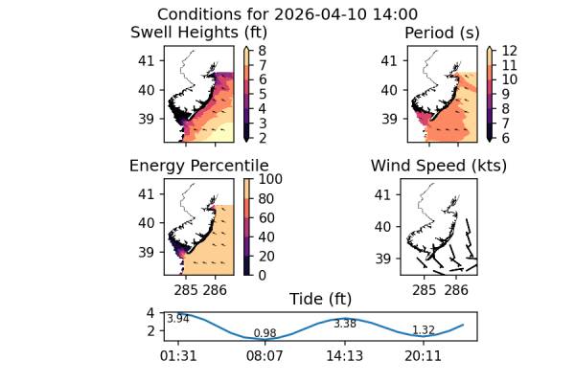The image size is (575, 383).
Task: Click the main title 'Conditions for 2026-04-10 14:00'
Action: (x=287, y=14)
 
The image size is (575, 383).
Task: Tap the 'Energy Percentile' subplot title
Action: (x=198, y=166)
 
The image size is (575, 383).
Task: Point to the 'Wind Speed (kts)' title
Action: (x=439, y=166)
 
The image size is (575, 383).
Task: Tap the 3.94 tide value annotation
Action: (x=178, y=319)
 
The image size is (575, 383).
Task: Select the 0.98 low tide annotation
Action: (x=264, y=333)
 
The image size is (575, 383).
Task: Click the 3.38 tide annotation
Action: (x=345, y=324)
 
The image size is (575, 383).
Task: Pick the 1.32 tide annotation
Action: (x=423, y=330)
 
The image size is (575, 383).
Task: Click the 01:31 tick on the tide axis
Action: (x=178, y=356)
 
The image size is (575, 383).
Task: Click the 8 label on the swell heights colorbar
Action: (x=260, y=46)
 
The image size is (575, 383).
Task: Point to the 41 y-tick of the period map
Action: (x=389, y=60)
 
